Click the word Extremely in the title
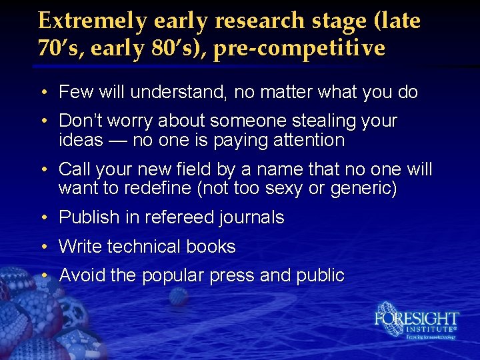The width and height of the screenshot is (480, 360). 93,21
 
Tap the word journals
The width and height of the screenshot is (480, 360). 249,217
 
